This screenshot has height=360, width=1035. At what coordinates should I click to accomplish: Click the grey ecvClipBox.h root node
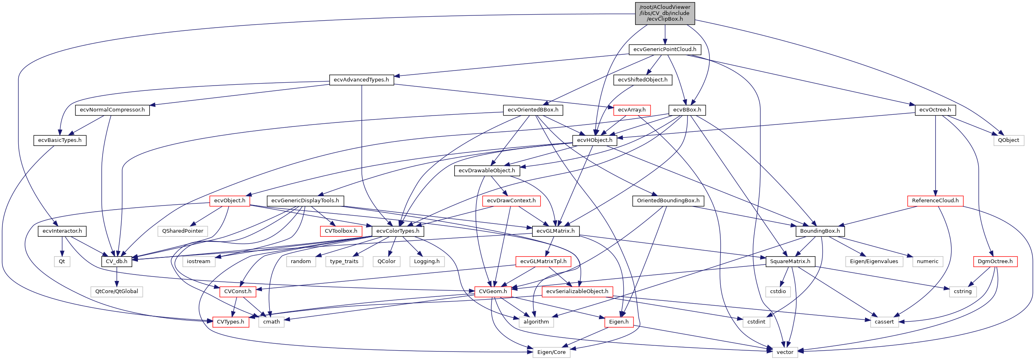665,13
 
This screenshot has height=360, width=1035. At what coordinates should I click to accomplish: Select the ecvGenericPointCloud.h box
665,49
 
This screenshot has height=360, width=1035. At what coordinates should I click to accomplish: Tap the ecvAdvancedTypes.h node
361,80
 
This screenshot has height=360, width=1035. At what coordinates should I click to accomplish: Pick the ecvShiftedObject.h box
642,80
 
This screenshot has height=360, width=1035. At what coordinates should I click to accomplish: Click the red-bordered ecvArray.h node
631,110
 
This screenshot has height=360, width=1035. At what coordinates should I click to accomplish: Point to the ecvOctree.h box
935,110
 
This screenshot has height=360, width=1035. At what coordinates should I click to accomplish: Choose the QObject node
1008,140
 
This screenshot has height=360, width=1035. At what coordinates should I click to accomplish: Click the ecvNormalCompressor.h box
112,110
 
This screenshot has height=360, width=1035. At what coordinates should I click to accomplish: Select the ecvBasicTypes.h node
60,140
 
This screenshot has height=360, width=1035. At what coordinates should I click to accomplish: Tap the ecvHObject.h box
595,140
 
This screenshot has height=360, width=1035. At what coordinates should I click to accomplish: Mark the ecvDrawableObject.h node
487,171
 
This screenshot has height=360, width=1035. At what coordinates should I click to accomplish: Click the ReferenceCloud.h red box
935,201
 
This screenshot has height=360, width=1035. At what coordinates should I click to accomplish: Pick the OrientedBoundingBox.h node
668,201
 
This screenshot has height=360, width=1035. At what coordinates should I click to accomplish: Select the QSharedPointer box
183,231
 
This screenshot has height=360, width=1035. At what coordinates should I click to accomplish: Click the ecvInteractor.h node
62,231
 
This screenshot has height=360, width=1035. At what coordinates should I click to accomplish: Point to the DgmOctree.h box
995,261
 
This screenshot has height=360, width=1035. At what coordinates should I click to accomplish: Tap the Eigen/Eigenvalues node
874,261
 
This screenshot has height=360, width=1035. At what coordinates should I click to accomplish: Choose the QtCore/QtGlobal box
116,291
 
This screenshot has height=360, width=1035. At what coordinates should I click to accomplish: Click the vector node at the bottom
785,352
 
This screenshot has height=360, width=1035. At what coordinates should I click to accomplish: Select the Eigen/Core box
551,352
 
